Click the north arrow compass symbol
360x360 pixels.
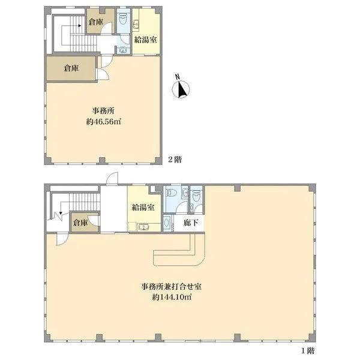(182, 88)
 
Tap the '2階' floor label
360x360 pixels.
(174, 160)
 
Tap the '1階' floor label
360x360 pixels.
(307, 349)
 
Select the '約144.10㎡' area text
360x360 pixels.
(172, 297)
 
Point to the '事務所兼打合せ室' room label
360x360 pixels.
(172, 286)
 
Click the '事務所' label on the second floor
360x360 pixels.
(103, 110)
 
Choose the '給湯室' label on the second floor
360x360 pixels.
(145, 40)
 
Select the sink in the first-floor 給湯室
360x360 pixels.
(142, 227)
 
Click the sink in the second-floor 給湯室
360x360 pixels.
(136, 24)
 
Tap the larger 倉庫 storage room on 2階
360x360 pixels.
(71, 68)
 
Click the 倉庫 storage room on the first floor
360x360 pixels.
(80, 223)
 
